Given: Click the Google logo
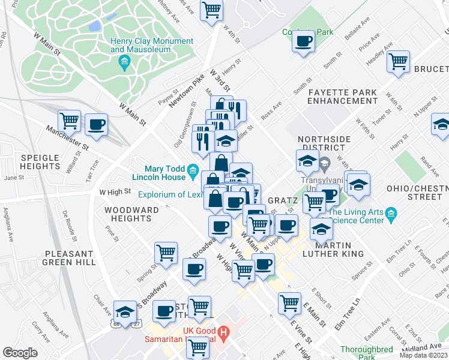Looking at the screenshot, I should coord(20,353).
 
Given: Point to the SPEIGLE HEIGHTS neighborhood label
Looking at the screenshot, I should coord(40,162).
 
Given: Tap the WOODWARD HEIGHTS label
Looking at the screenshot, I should coord(131,215).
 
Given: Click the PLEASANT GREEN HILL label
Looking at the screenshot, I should coord(68,258).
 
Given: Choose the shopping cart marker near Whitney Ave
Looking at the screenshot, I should coord(211,10).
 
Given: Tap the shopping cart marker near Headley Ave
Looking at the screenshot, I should coord(399,61).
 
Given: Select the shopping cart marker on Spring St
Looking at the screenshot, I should coord(166,253).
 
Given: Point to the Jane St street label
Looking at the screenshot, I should coord(14,178).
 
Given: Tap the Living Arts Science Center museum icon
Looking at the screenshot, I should coord(391,214).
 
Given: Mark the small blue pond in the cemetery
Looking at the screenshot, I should coord(94,26).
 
